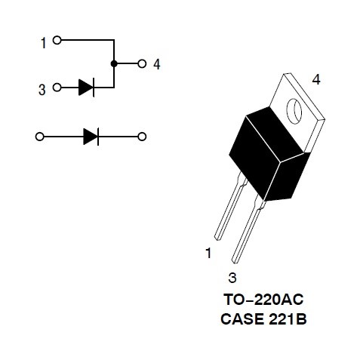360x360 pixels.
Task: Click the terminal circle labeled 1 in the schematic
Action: tap(57, 40)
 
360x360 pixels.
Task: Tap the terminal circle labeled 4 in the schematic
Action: tap(142, 63)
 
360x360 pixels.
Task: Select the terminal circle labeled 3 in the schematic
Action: tap(57, 88)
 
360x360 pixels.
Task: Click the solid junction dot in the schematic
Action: tap(114, 63)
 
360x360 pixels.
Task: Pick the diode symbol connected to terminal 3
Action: tap(86, 88)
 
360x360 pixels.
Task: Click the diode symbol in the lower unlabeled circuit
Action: tap(91, 137)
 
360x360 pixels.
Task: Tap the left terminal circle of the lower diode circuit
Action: tap(40, 137)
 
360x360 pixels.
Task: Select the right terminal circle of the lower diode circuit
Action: tap(142, 137)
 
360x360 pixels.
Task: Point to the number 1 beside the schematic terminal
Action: tap(44, 43)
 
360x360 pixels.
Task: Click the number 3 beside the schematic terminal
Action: tap(42, 90)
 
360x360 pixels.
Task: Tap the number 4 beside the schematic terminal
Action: tap(157, 64)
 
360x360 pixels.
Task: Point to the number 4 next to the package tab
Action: tap(316, 80)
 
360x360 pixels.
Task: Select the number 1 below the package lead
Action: tap(208, 253)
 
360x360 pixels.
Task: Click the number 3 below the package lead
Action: tap(232, 278)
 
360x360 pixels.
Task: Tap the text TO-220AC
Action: tap(263, 300)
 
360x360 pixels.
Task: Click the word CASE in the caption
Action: tap(243, 319)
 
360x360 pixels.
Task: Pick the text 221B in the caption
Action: tap(288, 319)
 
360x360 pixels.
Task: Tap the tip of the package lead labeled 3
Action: tap(235, 262)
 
